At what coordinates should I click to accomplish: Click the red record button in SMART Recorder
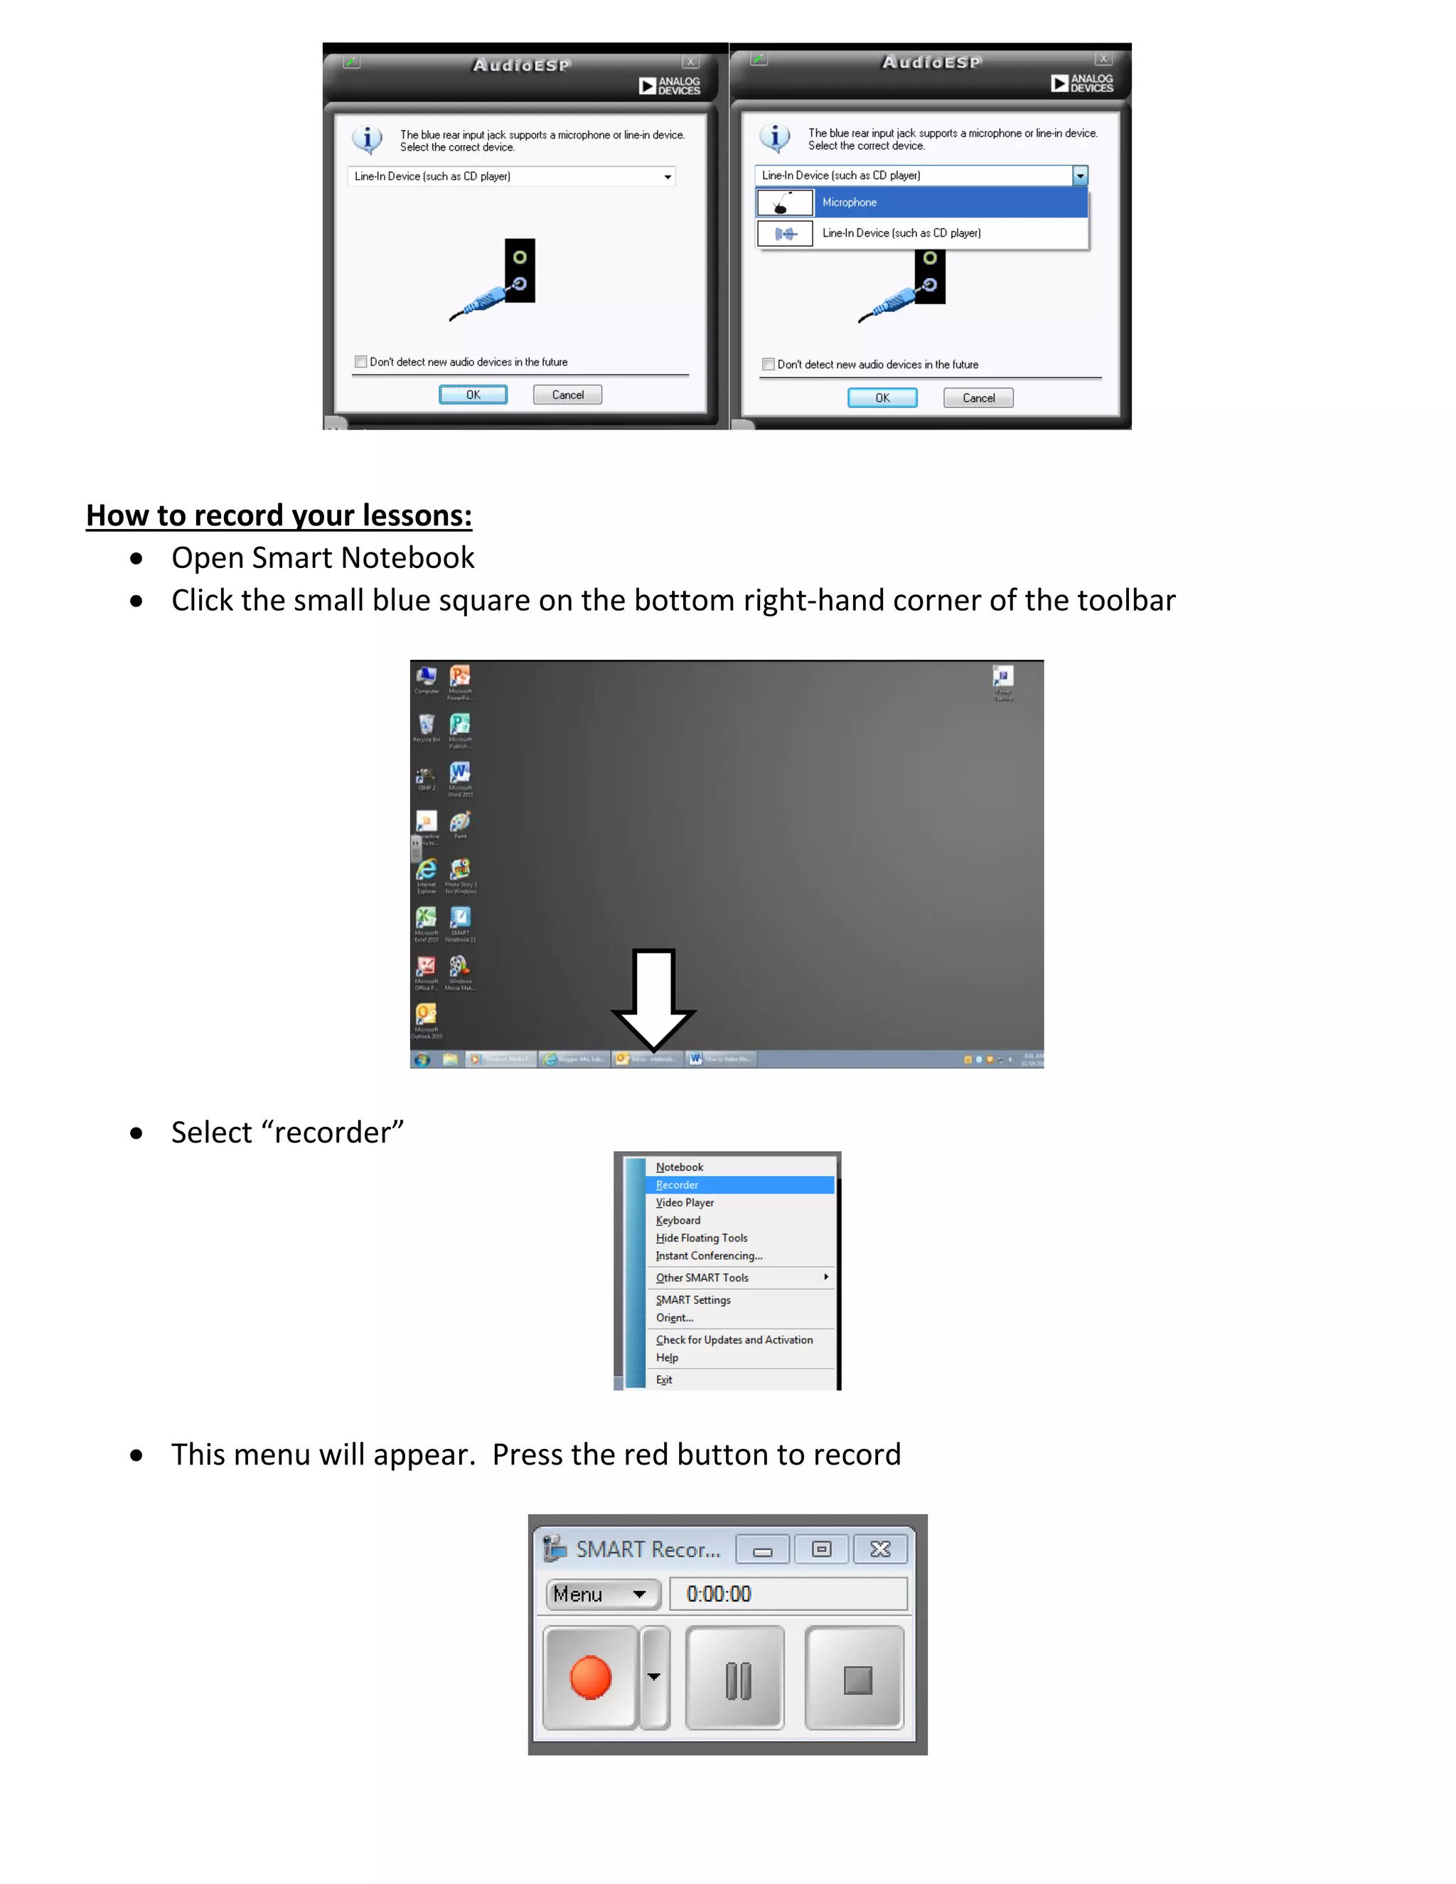(x=590, y=1678)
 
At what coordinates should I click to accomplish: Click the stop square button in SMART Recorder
(x=857, y=1679)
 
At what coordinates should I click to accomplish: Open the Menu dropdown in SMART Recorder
(x=602, y=1594)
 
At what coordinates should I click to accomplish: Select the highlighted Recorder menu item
(x=677, y=1185)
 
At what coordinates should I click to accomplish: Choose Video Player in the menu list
(x=685, y=1202)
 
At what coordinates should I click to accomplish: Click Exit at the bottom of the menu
(x=664, y=1379)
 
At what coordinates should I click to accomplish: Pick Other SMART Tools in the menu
(x=702, y=1278)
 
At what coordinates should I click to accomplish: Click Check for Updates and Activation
(x=734, y=1339)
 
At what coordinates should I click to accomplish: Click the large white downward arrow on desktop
(x=653, y=1001)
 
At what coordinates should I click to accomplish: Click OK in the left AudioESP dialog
(x=473, y=395)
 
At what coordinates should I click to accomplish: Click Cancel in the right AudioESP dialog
(x=978, y=397)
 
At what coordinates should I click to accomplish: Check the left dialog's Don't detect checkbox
(x=361, y=363)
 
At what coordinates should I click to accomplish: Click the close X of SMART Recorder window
(x=880, y=1549)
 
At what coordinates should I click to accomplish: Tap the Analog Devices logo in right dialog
(x=1081, y=82)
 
